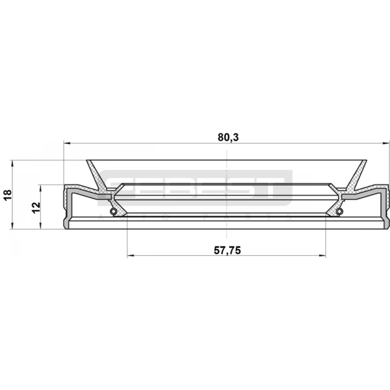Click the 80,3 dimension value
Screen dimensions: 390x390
coord(228,137)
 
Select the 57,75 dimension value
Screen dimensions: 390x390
coord(227,251)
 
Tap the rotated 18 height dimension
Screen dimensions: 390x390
coord(8,195)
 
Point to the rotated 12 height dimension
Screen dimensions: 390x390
coord(36,207)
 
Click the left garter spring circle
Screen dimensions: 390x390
coord(113,211)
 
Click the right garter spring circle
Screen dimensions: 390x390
coord(339,211)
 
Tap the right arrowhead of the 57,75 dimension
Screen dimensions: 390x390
coord(322,256)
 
